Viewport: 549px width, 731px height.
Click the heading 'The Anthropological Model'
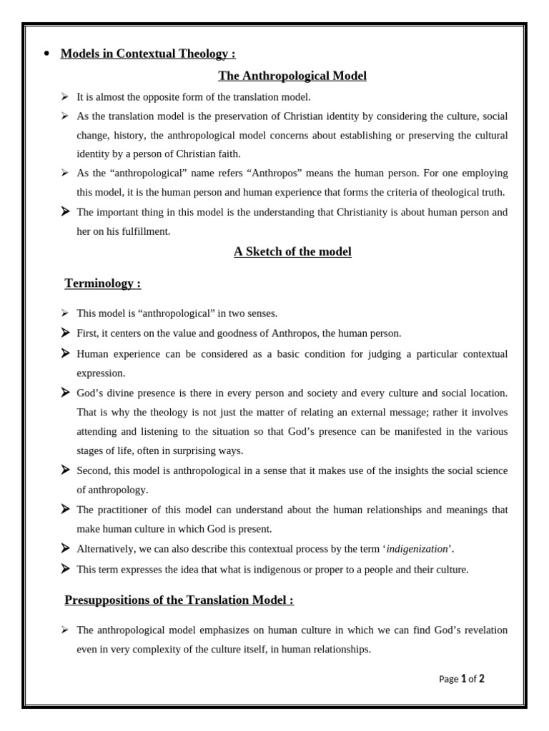[x=292, y=76]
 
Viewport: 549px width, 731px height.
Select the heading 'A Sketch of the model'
[x=292, y=251]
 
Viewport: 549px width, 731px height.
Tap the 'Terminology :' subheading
[x=103, y=283]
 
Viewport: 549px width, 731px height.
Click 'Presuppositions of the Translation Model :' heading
[x=179, y=600]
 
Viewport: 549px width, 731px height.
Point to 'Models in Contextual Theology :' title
[x=148, y=54]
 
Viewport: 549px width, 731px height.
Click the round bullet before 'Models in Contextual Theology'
[x=46, y=54]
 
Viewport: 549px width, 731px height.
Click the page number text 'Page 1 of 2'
[x=461, y=679]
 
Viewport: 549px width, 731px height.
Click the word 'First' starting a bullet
[x=87, y=333]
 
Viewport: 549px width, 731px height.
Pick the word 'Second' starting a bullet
[x=93, y=470]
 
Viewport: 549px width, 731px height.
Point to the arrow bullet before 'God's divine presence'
[x=65, y=393]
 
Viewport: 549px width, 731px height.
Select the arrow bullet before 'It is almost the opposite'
[x=65, y=96]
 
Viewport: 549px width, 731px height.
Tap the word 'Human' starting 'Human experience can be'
[x=91, y=353]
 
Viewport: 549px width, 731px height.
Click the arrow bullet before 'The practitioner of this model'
[x=65, y=509]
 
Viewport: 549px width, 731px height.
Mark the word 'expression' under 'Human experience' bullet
[x=101, y=373]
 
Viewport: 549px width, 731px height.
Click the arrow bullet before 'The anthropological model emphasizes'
[x=65, y=630]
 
